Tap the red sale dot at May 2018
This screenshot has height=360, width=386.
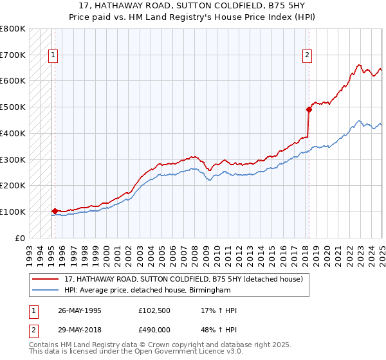[309, 109]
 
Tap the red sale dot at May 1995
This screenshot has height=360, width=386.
[55, 211]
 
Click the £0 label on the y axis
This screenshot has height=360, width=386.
[19, 238]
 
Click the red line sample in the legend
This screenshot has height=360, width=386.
[46, 279]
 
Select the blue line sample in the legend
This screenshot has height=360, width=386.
[46, 291]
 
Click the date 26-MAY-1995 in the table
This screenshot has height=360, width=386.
[80, 311]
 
